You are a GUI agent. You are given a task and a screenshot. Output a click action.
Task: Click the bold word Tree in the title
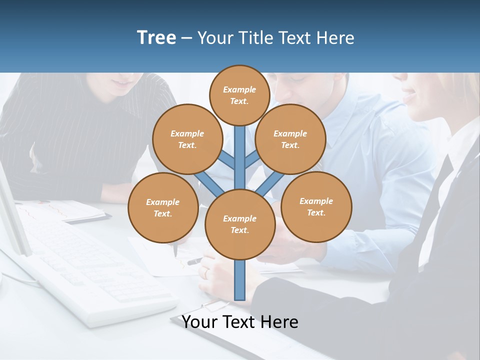156,38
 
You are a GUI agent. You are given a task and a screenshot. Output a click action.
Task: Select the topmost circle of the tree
239,95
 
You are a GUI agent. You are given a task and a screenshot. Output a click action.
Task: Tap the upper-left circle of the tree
187,139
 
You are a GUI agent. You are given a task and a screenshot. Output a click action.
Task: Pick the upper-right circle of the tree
290,139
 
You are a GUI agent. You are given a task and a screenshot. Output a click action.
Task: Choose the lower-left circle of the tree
163,208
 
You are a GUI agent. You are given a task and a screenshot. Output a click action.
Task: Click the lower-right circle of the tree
316,207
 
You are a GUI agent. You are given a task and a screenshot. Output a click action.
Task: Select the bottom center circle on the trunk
240,224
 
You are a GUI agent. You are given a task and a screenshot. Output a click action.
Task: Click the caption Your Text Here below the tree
240,322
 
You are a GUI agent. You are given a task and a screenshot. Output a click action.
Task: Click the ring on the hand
206,273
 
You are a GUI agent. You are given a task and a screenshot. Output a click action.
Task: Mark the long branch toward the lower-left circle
207,182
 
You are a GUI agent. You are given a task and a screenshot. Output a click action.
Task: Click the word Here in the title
337,38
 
